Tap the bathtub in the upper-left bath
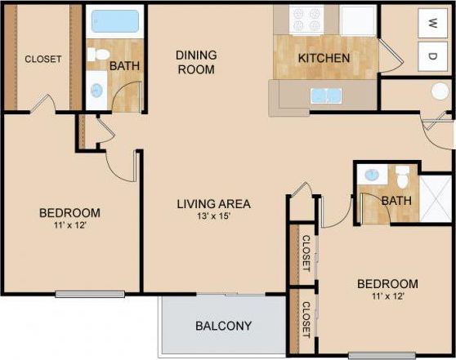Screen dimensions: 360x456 tap(115, 21)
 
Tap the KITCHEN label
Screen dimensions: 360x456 tap(324, 59)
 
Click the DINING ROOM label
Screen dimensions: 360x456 tap(196, 62)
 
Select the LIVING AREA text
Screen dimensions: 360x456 tap(213, 204)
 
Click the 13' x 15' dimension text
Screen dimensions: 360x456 tap(213, 216)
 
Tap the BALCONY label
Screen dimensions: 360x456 tap(223, 327)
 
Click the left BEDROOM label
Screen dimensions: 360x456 tap(69, 213)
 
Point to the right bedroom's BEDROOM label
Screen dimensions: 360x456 tap(387, 284)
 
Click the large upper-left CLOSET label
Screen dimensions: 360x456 tap(43, 59)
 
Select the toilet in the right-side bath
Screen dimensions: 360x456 tap(402, 177)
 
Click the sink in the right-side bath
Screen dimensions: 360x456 tap(372, 175)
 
